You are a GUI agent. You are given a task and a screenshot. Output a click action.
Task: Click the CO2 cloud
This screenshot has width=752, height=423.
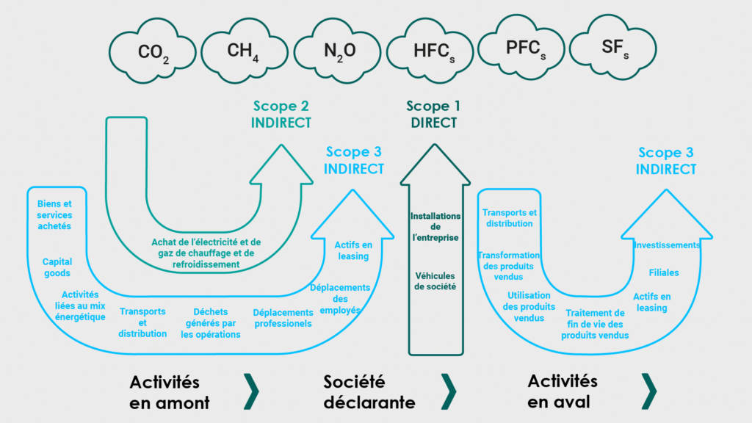(153, 51)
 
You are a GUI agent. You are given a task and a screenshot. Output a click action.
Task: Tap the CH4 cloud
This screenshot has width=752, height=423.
(244, 51)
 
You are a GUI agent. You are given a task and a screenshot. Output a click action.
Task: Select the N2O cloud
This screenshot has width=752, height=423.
(337, 51)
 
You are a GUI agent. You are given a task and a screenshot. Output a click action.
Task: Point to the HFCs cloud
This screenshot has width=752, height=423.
(430, 51)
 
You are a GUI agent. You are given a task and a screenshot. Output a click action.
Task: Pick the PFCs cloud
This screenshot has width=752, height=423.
(521, 47)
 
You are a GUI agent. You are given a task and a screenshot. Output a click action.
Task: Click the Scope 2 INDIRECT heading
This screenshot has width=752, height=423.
(281, 114)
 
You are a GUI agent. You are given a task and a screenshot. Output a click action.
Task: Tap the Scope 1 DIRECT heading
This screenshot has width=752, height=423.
(433, 114)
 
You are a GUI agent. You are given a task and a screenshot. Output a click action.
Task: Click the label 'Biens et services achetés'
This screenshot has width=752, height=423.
(54, 215)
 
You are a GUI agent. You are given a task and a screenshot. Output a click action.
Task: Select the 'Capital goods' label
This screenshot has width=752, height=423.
(57, 267)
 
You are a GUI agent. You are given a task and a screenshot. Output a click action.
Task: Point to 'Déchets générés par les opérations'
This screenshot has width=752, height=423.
(211, 323)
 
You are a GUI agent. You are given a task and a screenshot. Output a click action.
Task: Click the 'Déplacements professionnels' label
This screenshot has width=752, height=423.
(283, 318)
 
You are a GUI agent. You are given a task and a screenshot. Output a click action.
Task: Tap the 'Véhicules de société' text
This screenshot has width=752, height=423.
(435, 281)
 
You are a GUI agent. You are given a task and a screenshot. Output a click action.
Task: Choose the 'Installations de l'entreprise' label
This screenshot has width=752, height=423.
(435, 227)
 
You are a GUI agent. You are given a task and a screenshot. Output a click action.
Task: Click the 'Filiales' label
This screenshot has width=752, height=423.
(664, 272)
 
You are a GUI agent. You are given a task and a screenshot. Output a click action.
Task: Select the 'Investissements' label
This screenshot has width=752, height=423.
(667, 245)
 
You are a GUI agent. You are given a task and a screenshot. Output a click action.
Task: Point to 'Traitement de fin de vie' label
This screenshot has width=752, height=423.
(595, 324)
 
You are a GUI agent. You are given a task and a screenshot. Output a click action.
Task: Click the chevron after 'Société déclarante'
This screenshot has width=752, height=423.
(449, 391)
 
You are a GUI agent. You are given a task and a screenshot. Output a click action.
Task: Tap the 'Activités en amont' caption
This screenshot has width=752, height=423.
(170, 392)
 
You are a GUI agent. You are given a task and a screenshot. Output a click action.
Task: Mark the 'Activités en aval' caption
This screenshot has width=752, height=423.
(562, 391)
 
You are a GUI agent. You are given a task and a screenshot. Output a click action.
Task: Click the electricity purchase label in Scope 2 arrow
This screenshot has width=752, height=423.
(206, 253)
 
